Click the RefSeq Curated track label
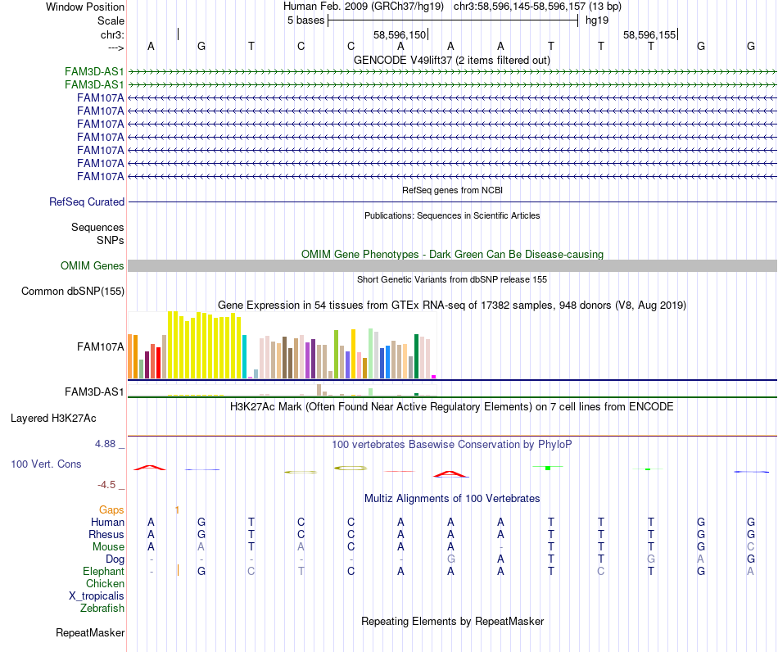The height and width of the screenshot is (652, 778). coord(87,201)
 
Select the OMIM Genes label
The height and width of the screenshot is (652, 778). coord(93,265)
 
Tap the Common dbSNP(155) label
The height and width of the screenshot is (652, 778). coord(73,291)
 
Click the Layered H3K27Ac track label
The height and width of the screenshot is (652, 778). coord(53,418)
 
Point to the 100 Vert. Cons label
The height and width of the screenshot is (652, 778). coord(46,464)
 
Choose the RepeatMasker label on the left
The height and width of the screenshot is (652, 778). coord(90,632)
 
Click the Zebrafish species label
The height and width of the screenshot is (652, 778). coord(102,608)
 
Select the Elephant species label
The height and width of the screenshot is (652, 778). coord(103,571)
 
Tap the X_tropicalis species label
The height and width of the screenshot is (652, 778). coord(97,595)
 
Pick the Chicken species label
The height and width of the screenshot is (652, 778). coord(105,583)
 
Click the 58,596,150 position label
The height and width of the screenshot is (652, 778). coord(400,35)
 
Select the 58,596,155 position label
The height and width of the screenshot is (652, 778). coord(649,35)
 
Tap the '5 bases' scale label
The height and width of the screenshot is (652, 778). coord(305,20)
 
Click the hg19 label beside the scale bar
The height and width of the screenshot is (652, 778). coord(595,20)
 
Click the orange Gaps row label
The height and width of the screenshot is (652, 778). coord(111,509)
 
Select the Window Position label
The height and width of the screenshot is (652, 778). coord(85,7)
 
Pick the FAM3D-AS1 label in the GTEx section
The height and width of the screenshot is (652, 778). coord(94,392)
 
